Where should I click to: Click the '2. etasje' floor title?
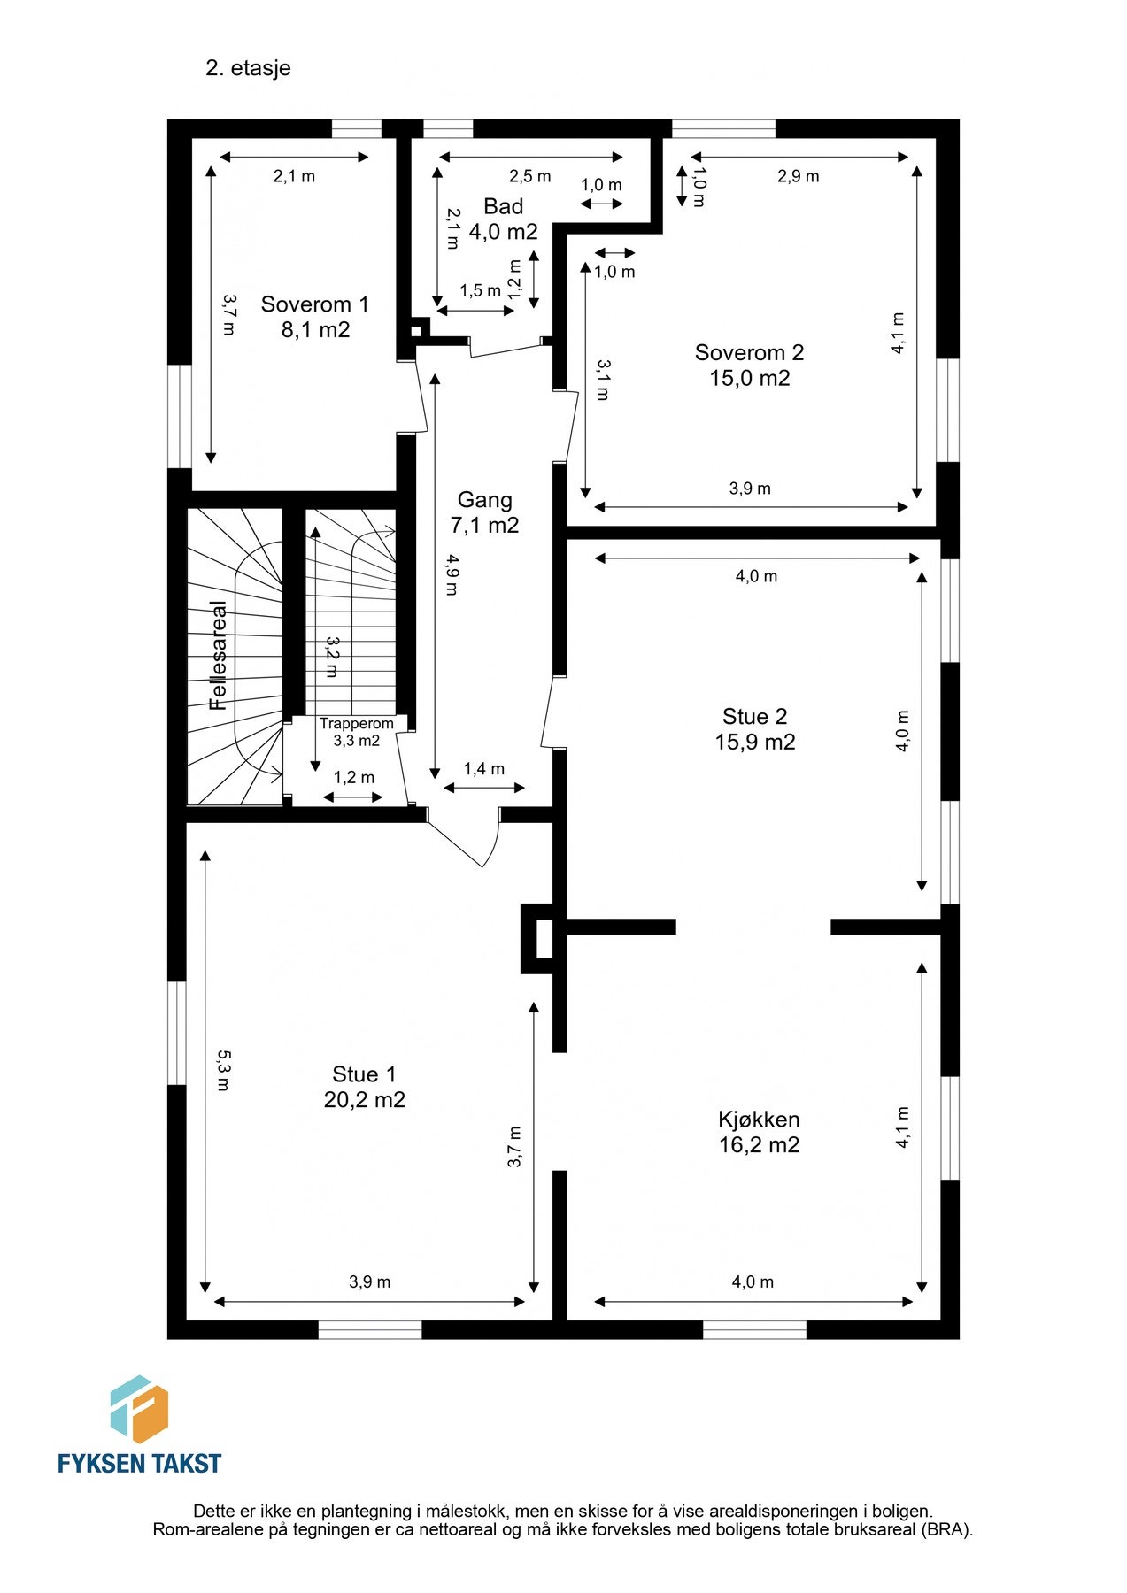(248, 68)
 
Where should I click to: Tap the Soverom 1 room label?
(314, 317)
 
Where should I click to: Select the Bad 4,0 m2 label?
(503, 219)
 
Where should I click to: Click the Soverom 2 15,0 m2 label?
(749, 365)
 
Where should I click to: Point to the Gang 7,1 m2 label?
(484, 512)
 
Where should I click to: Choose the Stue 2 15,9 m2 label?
(754, 728)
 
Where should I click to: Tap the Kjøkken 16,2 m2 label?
(759, 1131)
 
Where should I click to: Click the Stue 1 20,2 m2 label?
(364, 1086)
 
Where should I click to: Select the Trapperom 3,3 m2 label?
(356, 732)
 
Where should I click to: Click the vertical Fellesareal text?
(218, 655)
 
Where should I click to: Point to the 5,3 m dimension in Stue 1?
(223, 1070)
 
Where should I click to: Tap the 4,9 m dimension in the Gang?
(452, 574)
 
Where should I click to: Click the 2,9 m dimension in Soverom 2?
(798, 176)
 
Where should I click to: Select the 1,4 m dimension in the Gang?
(483, 769)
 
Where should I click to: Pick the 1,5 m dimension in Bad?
(480, 290)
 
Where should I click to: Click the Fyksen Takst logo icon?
(139, 1409)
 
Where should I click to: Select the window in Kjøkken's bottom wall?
(754, 1329)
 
